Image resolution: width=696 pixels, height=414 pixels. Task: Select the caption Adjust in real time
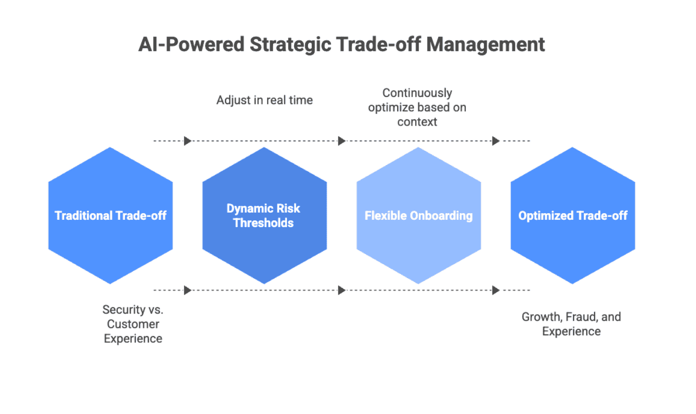(x=264, y=100)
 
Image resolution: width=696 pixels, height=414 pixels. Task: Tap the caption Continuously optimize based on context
(x=417, y=108)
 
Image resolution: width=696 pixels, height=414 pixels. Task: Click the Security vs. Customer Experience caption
(x=133, y=324)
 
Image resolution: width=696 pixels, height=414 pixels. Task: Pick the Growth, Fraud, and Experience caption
(x=571, y=324)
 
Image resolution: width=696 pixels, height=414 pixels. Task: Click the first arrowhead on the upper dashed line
(x=188, y=141)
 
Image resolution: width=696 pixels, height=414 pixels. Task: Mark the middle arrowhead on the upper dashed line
(x=342, y=141)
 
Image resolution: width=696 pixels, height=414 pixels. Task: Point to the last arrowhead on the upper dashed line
(x=496, y=141)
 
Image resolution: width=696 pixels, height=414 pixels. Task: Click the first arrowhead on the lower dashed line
(x=188, y=291)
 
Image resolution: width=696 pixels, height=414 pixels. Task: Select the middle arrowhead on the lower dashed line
(x=342, y=291)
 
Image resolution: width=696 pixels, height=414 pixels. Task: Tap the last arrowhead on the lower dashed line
(x=496, y=291)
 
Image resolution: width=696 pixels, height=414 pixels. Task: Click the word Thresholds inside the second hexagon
(x=263, y=223)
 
